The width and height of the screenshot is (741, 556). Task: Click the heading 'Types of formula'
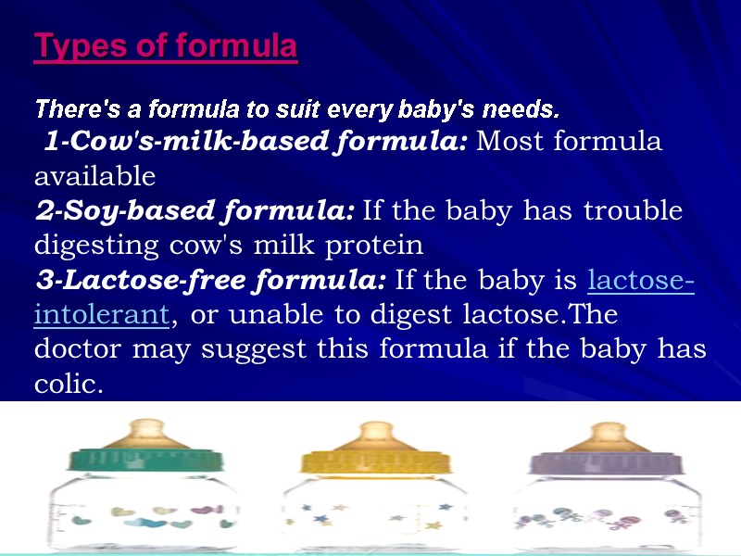point(165,46)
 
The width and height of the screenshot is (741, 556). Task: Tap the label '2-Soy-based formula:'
point(195,211)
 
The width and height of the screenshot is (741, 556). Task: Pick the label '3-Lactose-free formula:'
point(210,280)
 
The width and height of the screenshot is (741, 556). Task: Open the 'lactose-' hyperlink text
point(642,280)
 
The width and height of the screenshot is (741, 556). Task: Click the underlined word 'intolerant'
point(101,315)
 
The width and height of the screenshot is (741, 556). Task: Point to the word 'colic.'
point(68,384)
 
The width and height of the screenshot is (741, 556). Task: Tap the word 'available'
point(94,176)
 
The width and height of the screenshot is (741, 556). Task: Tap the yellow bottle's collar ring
point(374,460)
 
